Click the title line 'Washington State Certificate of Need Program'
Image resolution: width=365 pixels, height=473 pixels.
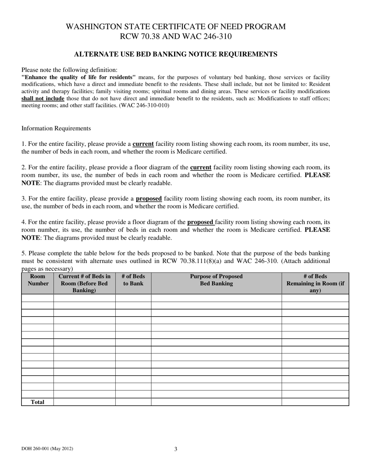coord(176,27)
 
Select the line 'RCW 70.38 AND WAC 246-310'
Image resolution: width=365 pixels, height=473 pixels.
coord(176,37)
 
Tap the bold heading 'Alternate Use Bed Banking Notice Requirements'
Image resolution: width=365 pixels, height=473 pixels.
coord(176,54)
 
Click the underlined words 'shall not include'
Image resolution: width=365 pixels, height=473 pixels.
coord(43,98)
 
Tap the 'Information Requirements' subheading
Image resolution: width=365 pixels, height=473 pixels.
coord(56,128)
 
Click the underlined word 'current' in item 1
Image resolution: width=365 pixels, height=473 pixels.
coord(143,144)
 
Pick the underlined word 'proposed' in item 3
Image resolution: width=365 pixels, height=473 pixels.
coord(149,199)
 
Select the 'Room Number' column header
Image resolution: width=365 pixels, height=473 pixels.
coord(38,280)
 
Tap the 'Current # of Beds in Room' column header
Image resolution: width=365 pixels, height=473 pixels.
coord(85,283)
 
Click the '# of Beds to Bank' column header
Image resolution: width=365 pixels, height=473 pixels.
coord(133,280)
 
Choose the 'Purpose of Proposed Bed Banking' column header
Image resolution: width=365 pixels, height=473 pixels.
coord(216,280)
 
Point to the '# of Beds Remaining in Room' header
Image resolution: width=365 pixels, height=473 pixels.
coord(315,283)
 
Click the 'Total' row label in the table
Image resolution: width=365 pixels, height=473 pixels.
coord(38,402)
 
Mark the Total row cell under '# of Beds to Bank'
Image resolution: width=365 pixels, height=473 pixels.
coord(133,402)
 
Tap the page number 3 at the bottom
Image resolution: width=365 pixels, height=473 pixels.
coord(176,449)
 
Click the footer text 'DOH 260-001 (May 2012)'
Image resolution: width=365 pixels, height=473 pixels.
coord(47,449)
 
